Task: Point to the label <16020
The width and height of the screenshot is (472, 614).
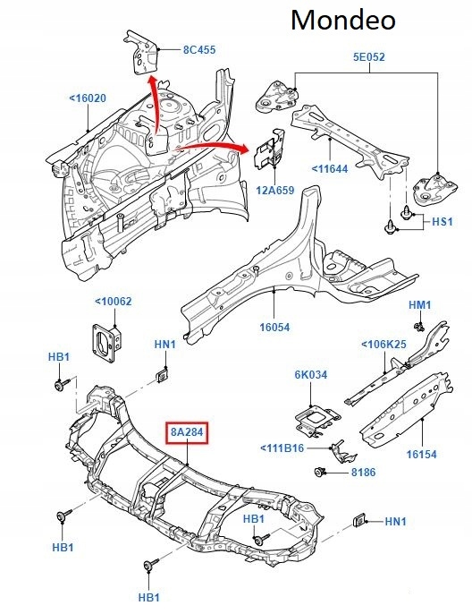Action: [88, 98]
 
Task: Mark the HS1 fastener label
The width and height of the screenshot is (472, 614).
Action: [443, 221]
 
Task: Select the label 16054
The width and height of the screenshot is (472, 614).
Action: [274, 328]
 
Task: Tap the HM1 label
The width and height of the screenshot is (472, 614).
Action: [420, 305]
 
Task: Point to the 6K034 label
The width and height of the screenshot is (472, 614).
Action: [310, 375]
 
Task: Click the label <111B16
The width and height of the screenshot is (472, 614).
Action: [282, 448]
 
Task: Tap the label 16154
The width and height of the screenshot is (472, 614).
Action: [421, 454]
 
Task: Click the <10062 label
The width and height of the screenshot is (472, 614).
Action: [113, 302]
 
